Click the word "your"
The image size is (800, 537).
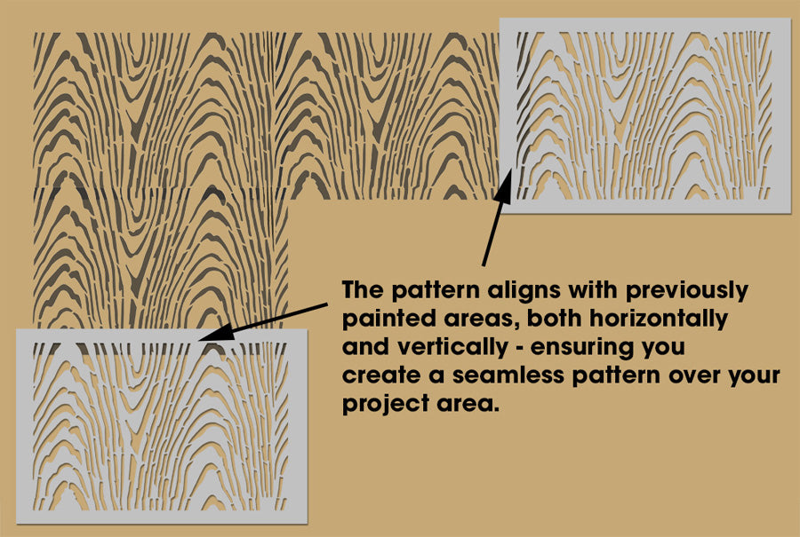pyautogui.click(x=754, y=375)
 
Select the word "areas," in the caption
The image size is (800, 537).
pyautogui.click(x=476, y=319)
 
